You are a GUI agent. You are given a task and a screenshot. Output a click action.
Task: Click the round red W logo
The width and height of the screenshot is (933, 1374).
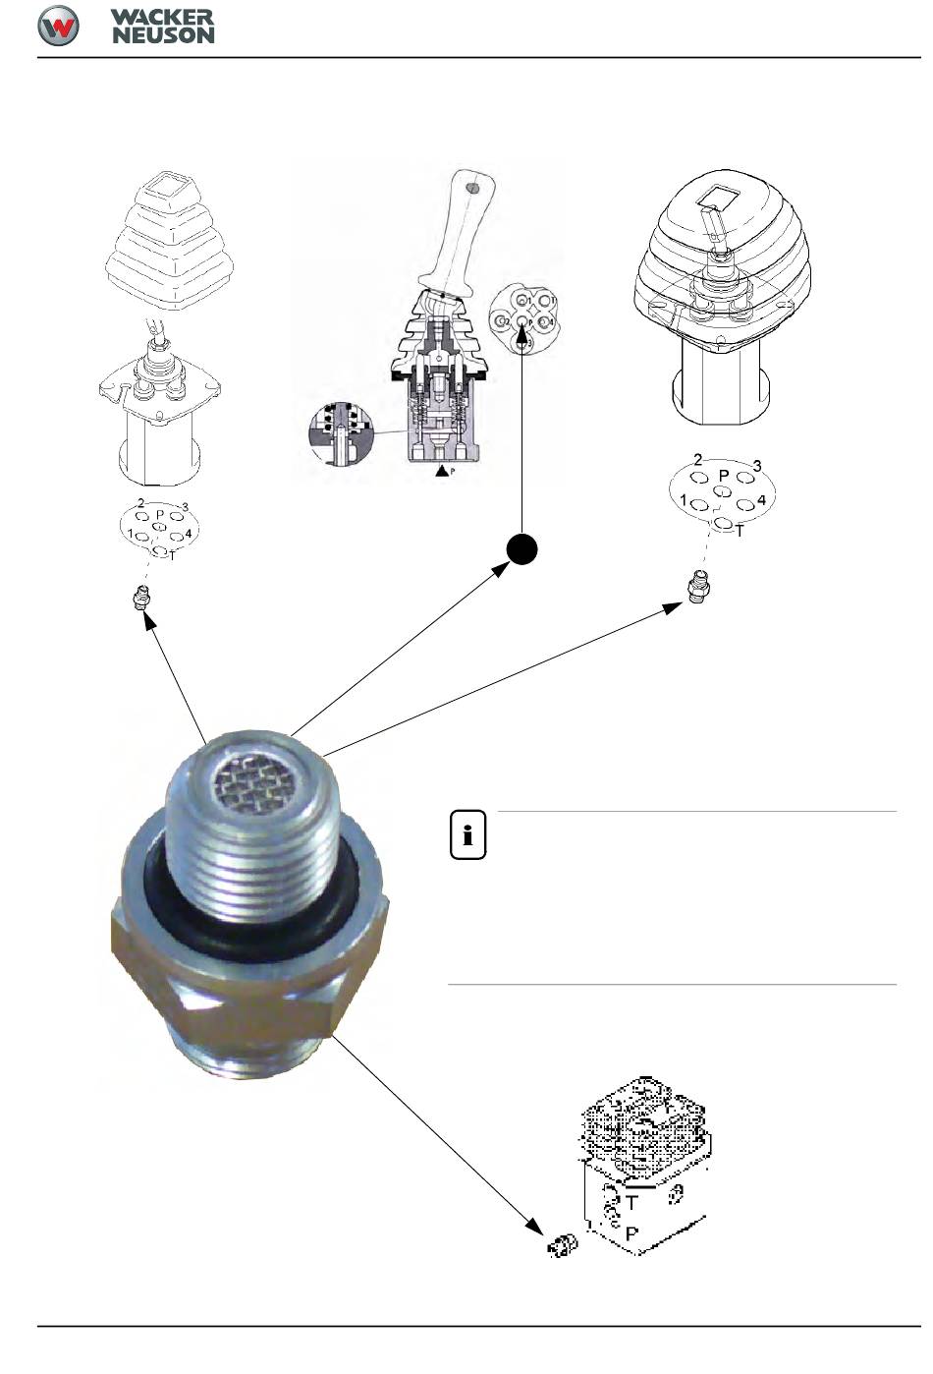point(58,26)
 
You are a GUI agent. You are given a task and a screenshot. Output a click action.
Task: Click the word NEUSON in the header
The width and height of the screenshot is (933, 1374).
point(163,34)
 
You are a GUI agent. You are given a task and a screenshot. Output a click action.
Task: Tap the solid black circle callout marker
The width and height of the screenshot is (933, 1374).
point(522,549)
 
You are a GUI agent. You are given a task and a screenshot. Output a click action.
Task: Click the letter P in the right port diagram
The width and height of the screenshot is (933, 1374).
point(724,476)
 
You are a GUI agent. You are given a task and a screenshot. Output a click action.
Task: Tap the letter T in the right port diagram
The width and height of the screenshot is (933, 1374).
point(740,531)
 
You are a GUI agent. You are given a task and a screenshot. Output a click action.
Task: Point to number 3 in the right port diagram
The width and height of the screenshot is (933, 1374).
point(757,465)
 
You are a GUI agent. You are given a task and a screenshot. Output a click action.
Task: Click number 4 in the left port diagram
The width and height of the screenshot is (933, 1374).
point(189,533)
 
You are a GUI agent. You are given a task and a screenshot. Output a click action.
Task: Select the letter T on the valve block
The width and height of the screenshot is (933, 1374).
point(631,1200)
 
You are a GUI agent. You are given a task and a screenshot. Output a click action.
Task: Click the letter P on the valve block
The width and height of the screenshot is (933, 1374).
point(631,1232)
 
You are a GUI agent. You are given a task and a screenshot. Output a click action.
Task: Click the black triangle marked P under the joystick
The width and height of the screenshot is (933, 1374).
point(443,472)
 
